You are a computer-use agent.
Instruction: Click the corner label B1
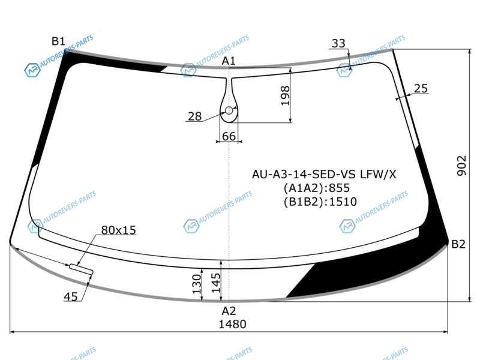(58, 41)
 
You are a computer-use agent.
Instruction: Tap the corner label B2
(458, 244)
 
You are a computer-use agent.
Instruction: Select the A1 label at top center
(229, 61)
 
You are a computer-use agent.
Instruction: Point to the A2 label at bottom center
(229, 311)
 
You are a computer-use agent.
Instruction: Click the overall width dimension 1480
(232, 324)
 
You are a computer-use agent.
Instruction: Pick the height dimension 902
(461, 166)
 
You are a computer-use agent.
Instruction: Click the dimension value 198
(285, 95)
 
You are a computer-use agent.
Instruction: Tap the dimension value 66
(229, 136)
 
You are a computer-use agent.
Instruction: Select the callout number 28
(194, 116)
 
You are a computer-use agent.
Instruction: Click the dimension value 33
(338, 43)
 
